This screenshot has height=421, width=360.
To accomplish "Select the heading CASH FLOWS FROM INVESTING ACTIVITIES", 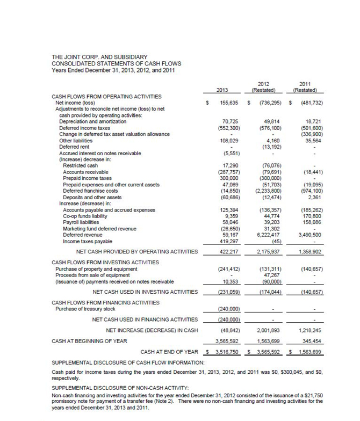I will coord(105,262).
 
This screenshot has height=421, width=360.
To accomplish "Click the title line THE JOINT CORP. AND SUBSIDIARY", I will coord(99,57).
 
